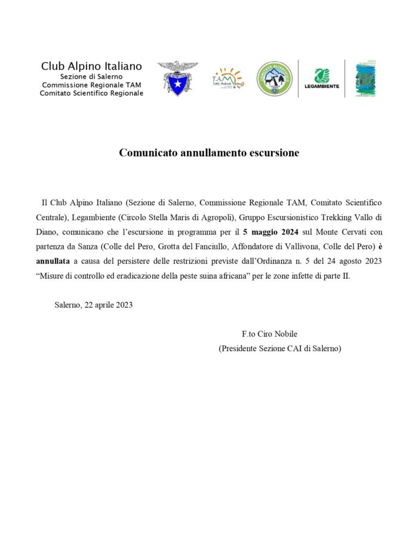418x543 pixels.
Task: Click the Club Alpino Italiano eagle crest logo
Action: pyautogui.click(x=177, y=78)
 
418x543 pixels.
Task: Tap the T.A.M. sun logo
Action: pyautogui.click(x=228, y=78)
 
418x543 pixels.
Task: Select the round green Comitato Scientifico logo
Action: pyautogui.click(x=275, y=78)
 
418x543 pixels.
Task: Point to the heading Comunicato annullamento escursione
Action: pyautogui.click(x=209, y=152)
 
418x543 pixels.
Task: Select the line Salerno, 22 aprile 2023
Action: pyautogui.click(x=93, y=304)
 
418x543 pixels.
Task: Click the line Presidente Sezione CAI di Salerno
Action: pyautogui.click(x=279, y=348)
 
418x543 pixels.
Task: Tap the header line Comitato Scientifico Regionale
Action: pyautogui.click(x=91, y=93)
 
